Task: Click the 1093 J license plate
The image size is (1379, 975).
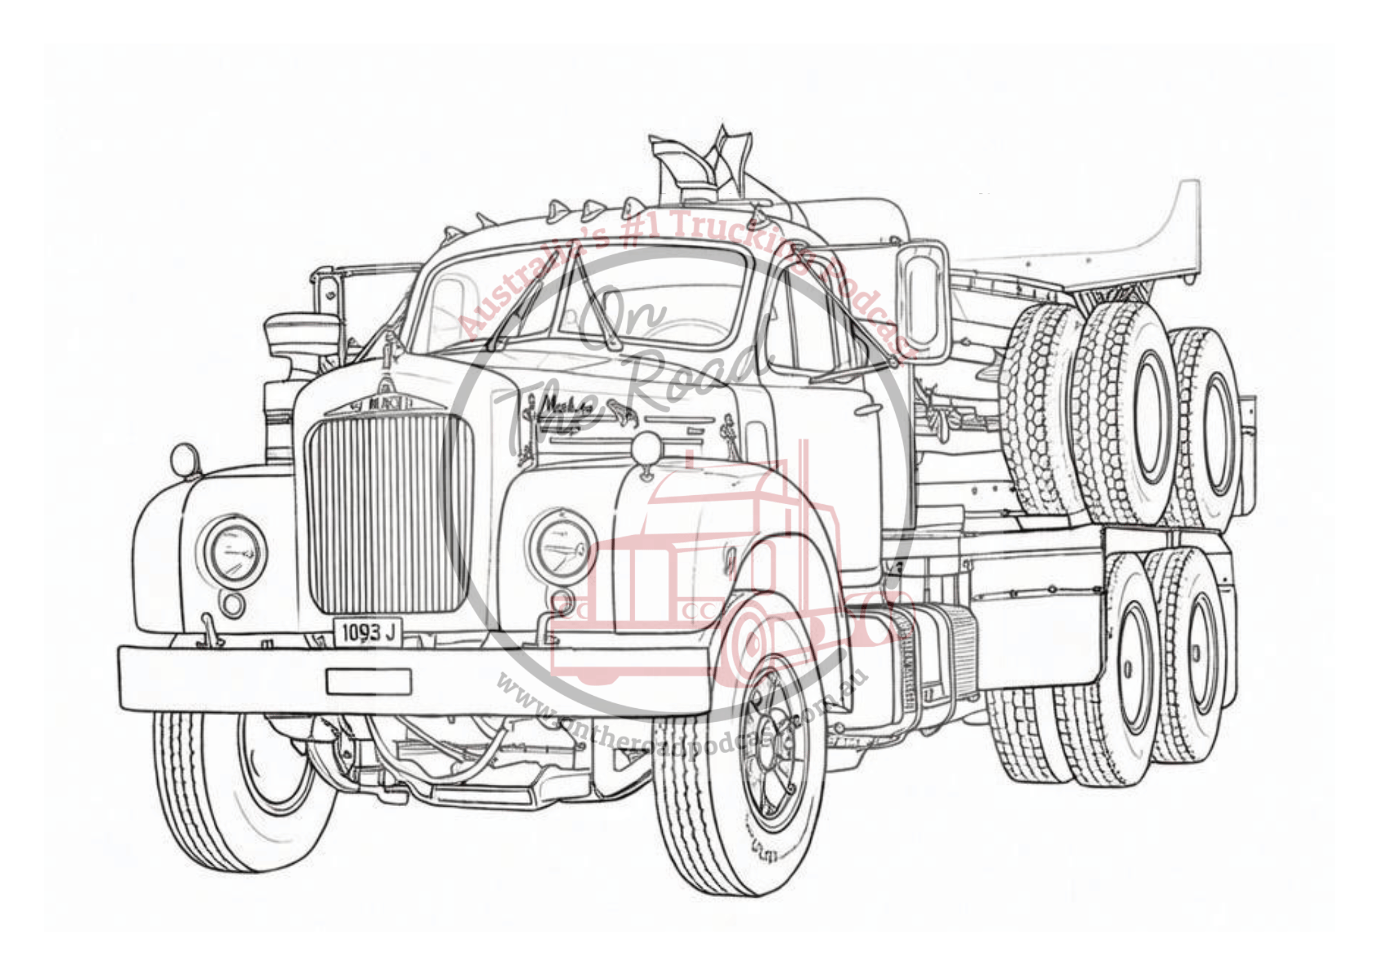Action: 368,632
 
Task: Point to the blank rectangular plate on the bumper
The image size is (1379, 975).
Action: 368,681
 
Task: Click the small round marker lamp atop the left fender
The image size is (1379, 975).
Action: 185,460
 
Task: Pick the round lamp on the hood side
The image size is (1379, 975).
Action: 647,448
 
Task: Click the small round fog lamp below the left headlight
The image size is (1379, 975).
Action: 232,604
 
